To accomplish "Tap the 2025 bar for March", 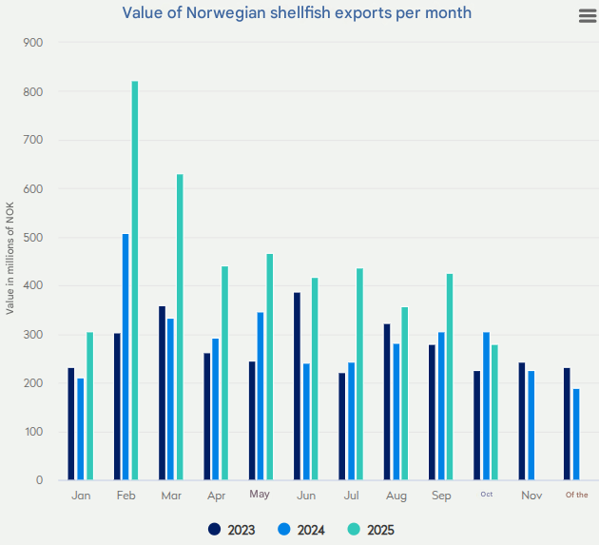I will [180, 327].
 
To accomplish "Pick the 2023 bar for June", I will [297, 386].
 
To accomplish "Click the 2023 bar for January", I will [71, 424].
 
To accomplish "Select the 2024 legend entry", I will [301, 530].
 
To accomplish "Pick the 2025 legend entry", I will [370, 530].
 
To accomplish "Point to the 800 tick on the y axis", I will [33, 92].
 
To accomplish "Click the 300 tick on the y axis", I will [33, 335].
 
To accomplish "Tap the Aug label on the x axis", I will [396, 496].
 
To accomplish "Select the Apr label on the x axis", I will [216, 496].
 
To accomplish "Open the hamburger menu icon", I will [587, 15].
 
